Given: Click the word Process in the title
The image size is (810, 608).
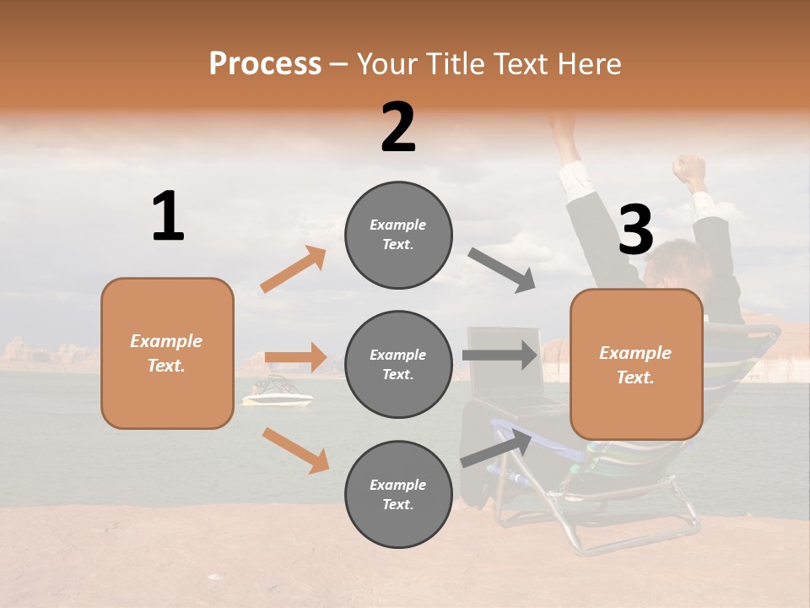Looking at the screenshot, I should [x=265, y=64].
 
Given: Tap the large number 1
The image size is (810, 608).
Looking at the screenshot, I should [x=168, y=216].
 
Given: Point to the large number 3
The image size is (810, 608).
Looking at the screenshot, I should [x=636, y=230].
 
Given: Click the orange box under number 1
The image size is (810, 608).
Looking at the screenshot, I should [x=167, y=353].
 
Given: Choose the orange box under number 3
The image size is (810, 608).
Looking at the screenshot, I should [x=636, y=364].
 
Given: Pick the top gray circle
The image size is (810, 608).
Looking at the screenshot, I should [x=398, y=235].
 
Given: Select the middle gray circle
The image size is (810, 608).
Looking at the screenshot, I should [x=398, y=364].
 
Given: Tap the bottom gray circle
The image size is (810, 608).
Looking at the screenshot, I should [x=398, y=494].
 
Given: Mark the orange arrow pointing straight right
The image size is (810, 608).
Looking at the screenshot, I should [x=295, y=357].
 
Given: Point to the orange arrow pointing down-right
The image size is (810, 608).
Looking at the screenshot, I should [x=295, y=449].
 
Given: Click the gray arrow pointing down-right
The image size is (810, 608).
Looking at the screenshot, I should [x=502, y=269].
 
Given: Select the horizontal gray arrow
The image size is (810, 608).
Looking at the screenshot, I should [x=499, y=355].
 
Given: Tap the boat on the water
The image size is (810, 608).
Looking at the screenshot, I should [x=277, y=392].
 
